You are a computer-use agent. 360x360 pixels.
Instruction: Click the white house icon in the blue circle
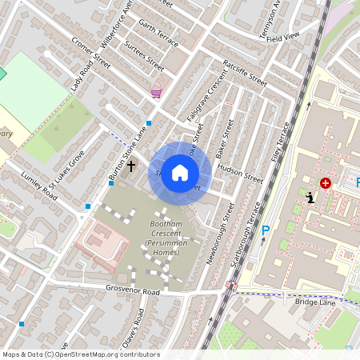[180, 172]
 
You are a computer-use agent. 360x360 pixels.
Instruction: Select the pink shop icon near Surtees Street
[156, 94]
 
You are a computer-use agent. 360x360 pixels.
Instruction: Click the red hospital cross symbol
[326, 183]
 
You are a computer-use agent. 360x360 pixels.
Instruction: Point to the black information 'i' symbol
[310, 197]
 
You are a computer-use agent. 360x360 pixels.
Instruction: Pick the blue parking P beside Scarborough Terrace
[266, 231]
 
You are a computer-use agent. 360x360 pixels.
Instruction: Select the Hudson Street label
[239, 174]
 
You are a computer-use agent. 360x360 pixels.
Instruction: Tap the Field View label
[282, 37]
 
